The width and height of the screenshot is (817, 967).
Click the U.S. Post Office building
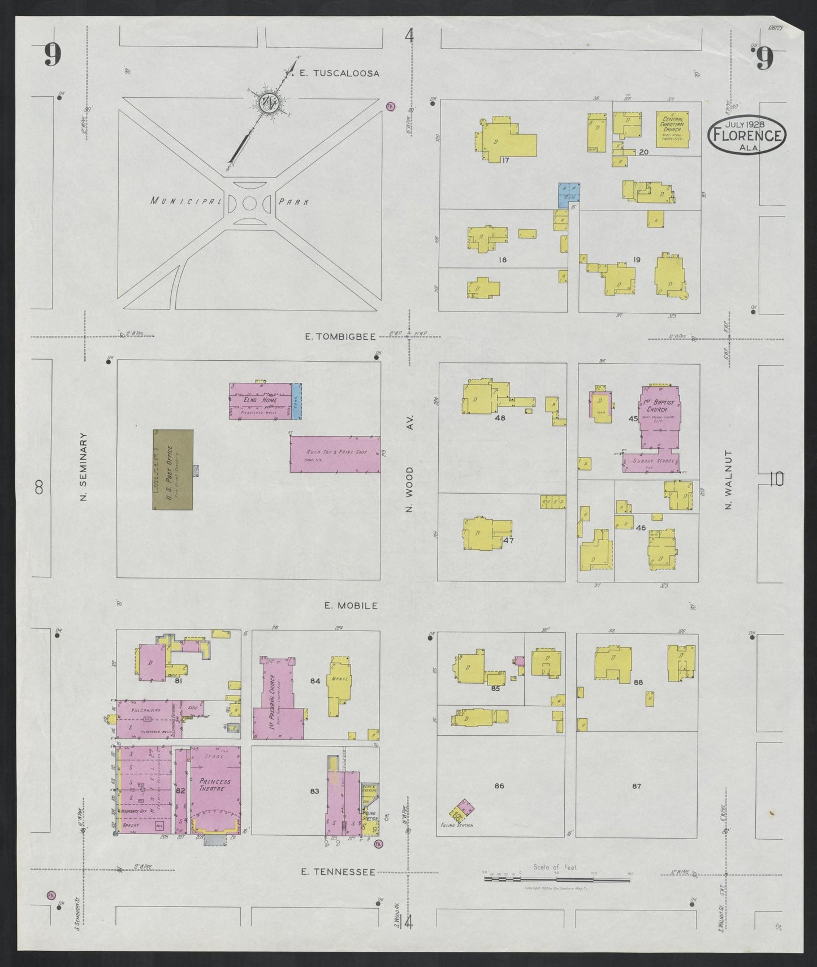173,469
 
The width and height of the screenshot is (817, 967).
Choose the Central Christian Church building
672,129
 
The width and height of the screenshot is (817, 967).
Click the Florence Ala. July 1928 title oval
747,136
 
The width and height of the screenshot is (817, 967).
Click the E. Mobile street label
351,606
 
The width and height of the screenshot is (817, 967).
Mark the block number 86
499,785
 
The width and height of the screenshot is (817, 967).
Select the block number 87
637,785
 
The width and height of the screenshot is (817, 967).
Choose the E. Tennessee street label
338,888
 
